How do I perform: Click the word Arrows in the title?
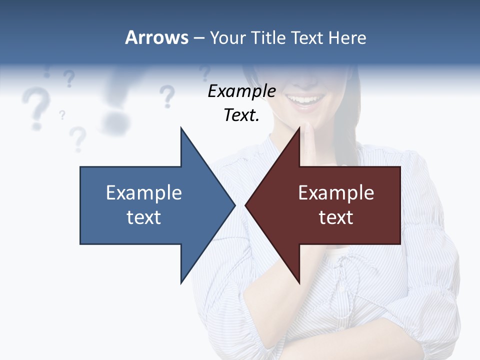(x=156, y=38)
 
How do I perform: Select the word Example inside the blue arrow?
(x=144, y=193)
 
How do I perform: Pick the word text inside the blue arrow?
(x=144, y=217)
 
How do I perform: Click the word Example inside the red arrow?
(x=336, y=193)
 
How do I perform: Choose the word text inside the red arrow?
(x=336, y=217)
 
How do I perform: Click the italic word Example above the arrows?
(x=241, y=91)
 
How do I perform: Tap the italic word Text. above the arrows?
(x=241, y=115)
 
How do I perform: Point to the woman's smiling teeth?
(x=304, y=99)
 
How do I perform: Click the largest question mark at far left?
(x=34, y=107)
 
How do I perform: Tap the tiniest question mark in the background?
(x=62, y=115)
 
